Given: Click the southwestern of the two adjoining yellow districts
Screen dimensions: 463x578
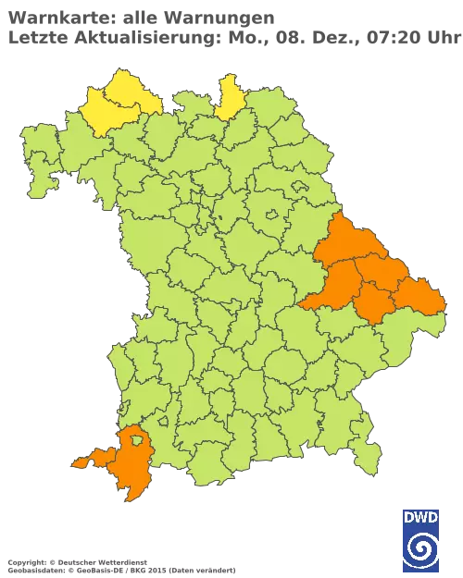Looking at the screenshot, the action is [104, 115].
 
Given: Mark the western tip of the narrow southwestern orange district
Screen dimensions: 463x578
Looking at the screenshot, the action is [73, 461].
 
